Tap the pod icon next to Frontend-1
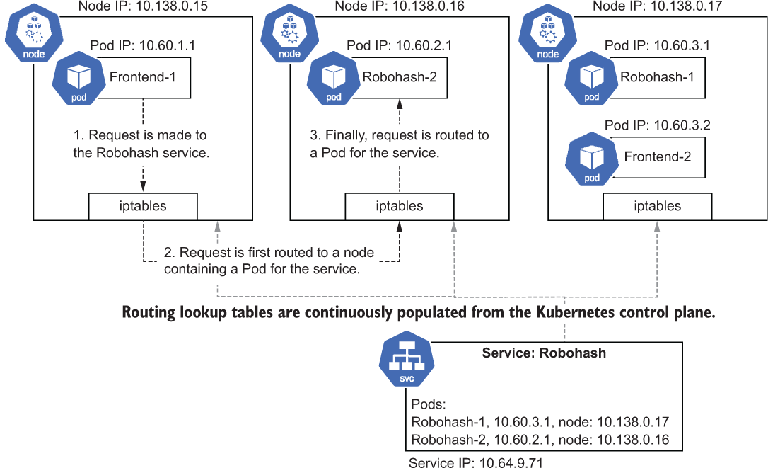pyautogui.click(x=79, y=77)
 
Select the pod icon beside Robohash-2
pyautogui.click(x=334, y=77)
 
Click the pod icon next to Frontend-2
pyautogui.click(x=592, y=159)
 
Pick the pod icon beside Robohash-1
pyautogui.click(x=592, y=77)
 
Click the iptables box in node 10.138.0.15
pyautogui.click(x=143, y=207)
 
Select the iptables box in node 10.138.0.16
pyautogui.click(x=400, y=207)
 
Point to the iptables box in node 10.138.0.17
pyautogui.click(x=657, y=207)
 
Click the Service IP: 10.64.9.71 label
pyautogui.click(x=476, y=462)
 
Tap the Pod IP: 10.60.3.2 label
pyautogui.click(x=657, y=125)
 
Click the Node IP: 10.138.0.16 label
pyautogui.click(x=400, y=6)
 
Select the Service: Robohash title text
pyautogui.click(x=544, y=353)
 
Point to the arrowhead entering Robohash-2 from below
pyautogui.click(x=400, y=103)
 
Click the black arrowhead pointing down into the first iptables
pyautogui.click(x=143, y=186)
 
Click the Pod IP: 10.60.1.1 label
pyautogui.click(x=143, y=45)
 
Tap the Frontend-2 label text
pyautogui.click(x=657, y=156)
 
